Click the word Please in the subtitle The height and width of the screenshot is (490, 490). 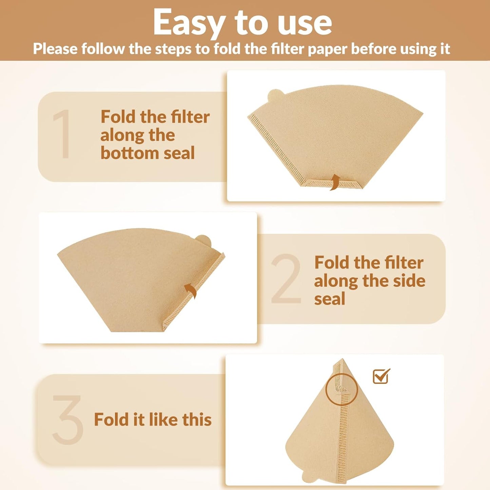tap(55, 49)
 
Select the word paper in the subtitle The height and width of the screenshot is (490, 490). tap(327, 50)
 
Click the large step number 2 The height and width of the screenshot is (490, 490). tap(286, 279)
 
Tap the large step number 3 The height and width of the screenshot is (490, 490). tap(67, 420)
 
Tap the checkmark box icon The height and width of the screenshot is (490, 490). tap(381, 376)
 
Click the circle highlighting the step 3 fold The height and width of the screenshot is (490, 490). tap(341, 389)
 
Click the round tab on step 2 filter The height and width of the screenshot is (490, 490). tap(203, 241)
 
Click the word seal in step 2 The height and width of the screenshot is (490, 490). tap(329, 299)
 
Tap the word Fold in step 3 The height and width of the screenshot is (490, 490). tap(111, 419)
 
